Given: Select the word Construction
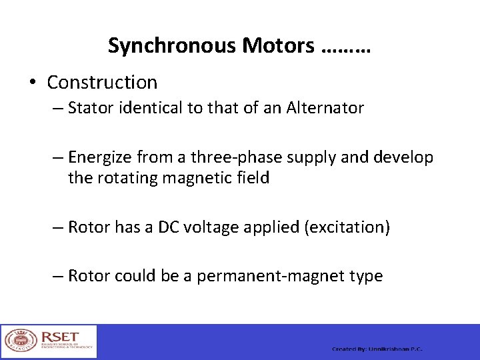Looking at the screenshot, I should click(x=102, y=83).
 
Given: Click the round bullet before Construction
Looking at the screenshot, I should click(x=31, y=83).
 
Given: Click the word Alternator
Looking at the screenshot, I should click(x=325, y=108).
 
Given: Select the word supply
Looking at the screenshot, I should click(x=301, y=158).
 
